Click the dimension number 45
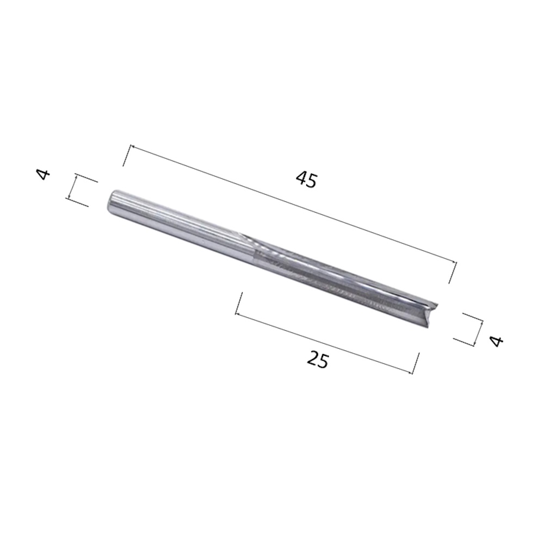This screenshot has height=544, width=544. point(306,180)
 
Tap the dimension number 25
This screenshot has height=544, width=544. point(318,360)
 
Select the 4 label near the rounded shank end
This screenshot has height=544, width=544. point(44,175)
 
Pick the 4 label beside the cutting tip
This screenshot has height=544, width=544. point(496,341)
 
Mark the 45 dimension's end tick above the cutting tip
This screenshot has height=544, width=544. point(453,273)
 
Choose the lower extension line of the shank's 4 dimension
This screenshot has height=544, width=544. point(77,202)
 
